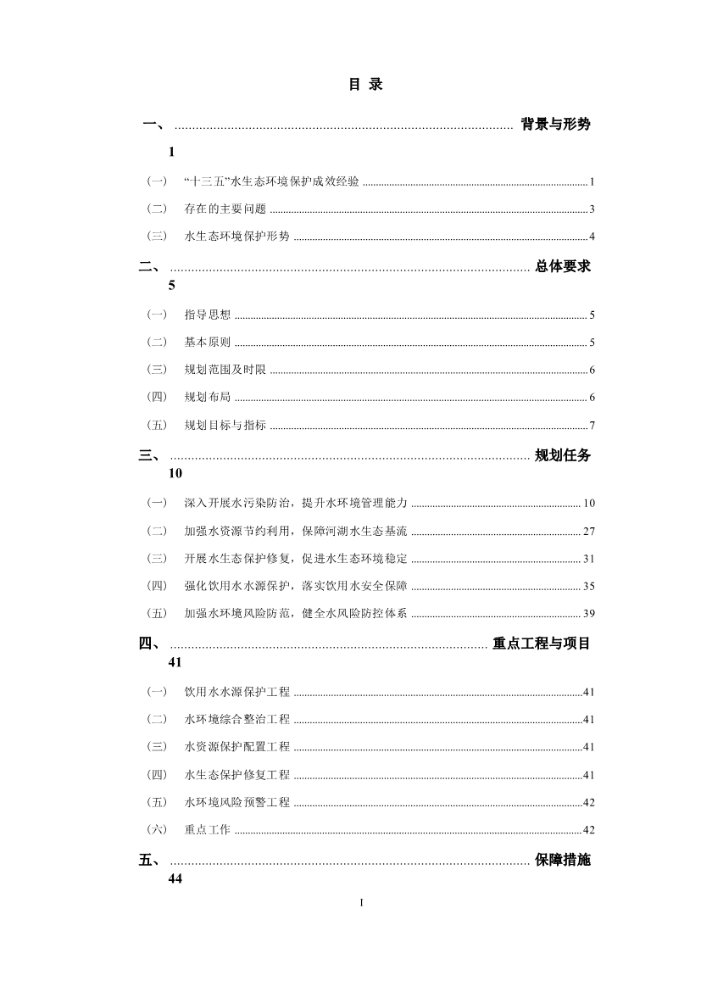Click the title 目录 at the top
tap(365, 85)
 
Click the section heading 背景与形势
tap(555, 124)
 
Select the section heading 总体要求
tap(563, 266)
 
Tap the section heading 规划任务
tap(563, 455)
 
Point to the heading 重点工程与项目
tap(542, 644)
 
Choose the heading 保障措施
tap(563, 861)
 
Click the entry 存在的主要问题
tap(225, 209)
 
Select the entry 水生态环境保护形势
tap(236, 236)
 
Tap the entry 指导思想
tap(207, 315)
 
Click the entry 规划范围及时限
tap(225, 370)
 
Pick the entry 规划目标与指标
tap(225, 425)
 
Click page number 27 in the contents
tap(589, 532)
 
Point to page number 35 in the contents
tap(589, 586)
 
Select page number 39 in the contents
tap(589, 613)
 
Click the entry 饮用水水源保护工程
tap(236, 692)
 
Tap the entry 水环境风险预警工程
tap(236, 802)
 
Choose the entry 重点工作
tap(207, 830)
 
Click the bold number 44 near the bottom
tap(175, 879)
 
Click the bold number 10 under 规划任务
tap(175, 474)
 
